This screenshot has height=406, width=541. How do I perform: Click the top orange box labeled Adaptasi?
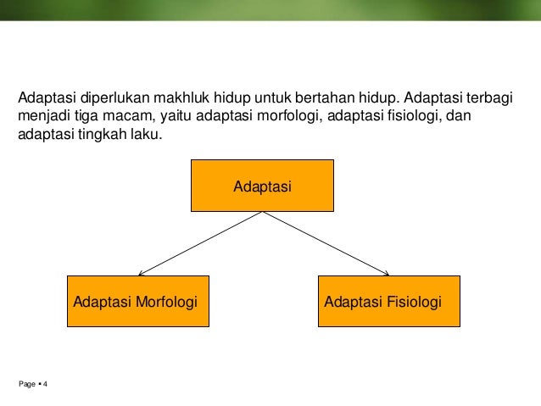(262, 184)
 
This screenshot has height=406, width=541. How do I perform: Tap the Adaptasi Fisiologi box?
(389, 301)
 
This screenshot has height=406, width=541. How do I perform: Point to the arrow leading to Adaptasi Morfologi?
(199, 243)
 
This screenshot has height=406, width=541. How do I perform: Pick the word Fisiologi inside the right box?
(415, 301)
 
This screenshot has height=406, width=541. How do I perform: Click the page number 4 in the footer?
(45, 386)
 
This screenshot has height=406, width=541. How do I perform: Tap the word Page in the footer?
(26, 386)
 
